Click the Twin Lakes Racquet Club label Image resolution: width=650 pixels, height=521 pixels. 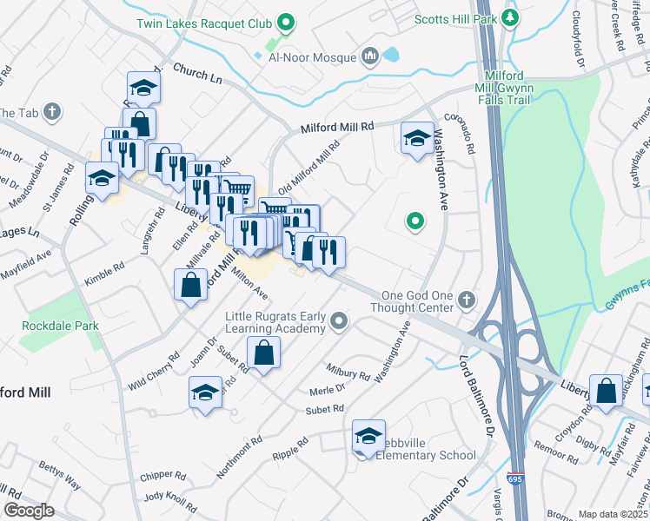coord(204,23)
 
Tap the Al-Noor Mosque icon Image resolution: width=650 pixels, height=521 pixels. coord(371,56)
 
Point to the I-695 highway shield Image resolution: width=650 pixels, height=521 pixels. coord(516,478)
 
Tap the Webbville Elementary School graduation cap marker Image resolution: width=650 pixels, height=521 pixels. coord(368,435)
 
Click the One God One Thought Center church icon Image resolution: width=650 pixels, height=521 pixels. coord(467,300)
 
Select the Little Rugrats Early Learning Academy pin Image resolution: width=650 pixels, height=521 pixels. coord(340,323)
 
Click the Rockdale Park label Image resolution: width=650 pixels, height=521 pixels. coord(61,326)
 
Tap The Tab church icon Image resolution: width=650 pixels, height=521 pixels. coord(53,112)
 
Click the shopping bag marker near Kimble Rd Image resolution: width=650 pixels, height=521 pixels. coord(190,284)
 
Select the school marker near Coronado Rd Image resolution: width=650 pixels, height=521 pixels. coord(417,137)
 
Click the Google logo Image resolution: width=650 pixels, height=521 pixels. coord(29,511)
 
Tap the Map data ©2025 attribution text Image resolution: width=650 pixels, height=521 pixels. coord(612,514)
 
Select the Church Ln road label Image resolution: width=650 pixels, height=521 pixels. coord(198,75)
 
